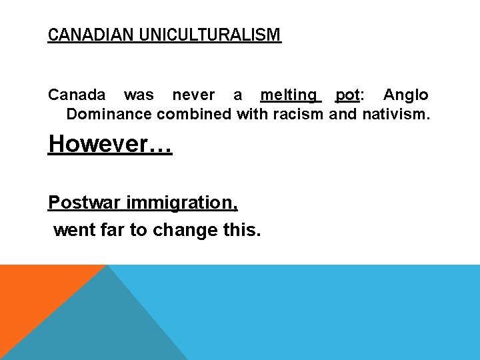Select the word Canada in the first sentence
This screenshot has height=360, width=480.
tap(77, 95)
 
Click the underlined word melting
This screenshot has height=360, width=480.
tap(289, 95)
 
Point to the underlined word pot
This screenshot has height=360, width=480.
tap(347, 95)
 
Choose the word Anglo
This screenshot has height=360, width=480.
tap(405, 95)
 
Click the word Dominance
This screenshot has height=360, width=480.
tap(109, 114)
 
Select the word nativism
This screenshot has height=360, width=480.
tap(396, 114)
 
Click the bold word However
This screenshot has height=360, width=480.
tap(99, 144)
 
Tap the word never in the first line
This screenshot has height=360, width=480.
tap(193, 95)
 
